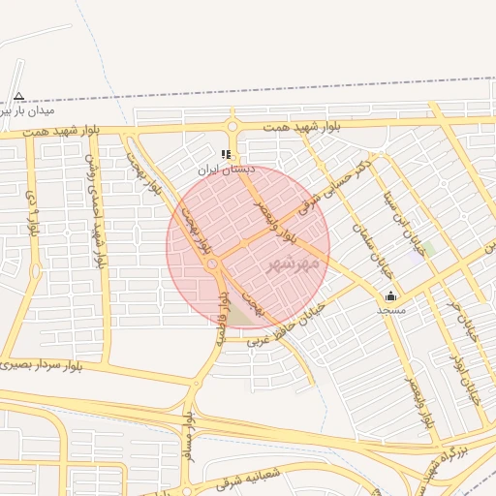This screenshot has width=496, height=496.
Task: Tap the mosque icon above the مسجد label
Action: tap(390, 295)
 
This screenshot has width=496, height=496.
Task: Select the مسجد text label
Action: tap(390, 310)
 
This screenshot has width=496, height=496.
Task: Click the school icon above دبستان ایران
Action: tap(226, 154)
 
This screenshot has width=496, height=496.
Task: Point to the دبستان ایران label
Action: tap(226, 169)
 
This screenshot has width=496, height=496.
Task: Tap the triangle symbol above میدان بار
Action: tap(18, 96)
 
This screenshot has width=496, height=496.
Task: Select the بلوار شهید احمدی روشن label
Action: tap(96, 208)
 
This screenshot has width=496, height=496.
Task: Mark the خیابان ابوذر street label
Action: tap(464, 374)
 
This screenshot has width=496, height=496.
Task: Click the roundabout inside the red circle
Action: tap(212, 263)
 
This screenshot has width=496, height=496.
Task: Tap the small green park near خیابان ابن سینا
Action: tap(427, 249)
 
